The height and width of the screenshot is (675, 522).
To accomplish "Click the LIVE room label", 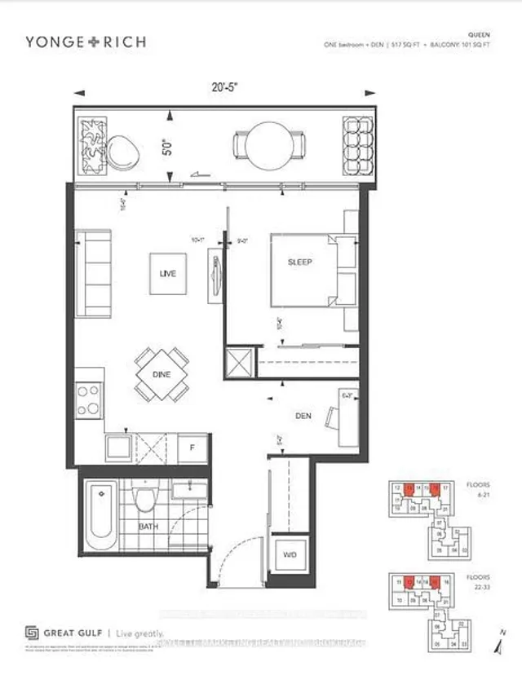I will tap(169, 275).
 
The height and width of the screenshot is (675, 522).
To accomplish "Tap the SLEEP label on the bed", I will tap(300, 262).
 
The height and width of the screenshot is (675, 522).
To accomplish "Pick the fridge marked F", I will tap(192, 448).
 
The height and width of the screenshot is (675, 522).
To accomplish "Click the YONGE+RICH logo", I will tap(85, 42).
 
